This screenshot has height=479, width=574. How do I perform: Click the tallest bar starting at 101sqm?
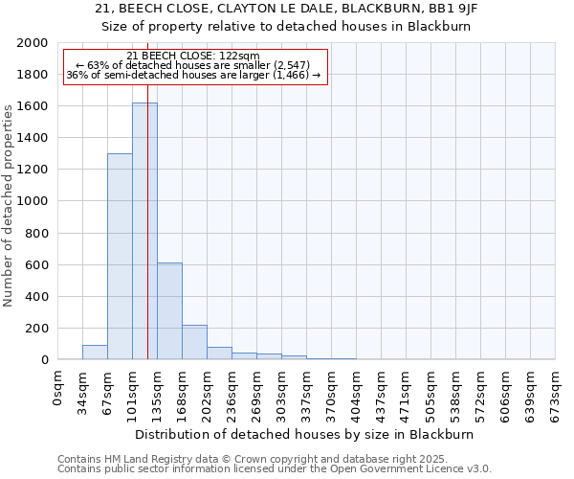tap(144, 231)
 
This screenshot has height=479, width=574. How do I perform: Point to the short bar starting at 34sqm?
tap(95, 352)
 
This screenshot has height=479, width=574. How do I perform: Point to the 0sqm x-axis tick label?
tap(58, 383)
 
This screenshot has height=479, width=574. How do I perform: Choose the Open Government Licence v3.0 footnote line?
tap(275, 469)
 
